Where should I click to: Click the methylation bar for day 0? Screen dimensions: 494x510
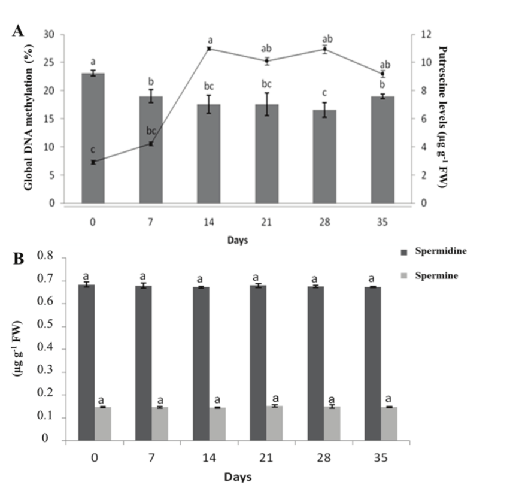tap(93, 138)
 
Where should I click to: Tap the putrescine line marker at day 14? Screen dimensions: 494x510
tap(209, 49)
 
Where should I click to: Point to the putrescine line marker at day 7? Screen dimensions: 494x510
tap(151, 144)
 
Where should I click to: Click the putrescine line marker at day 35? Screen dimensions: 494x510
tap(382, 74)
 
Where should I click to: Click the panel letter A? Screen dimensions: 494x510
tap(18, 32)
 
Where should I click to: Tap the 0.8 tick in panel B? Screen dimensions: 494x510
tap(45, 257)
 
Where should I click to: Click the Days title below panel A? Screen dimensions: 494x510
tap(238, 240)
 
